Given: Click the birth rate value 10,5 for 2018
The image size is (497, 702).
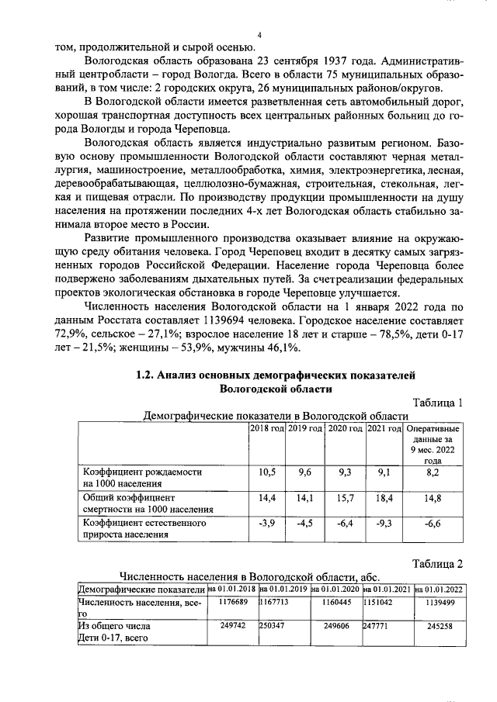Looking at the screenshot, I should (x=266, y=472).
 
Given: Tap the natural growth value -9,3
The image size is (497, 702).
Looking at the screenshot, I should (x=383, y=524).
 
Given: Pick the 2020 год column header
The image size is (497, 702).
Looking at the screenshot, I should (x=345, y=429).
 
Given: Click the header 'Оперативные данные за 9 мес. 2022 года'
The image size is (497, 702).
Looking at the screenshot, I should (x=433, y=444).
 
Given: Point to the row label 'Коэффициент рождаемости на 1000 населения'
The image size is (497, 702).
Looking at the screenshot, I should (x=144, y=477).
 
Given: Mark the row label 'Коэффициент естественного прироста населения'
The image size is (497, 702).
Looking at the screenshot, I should (x=144, y=529).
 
